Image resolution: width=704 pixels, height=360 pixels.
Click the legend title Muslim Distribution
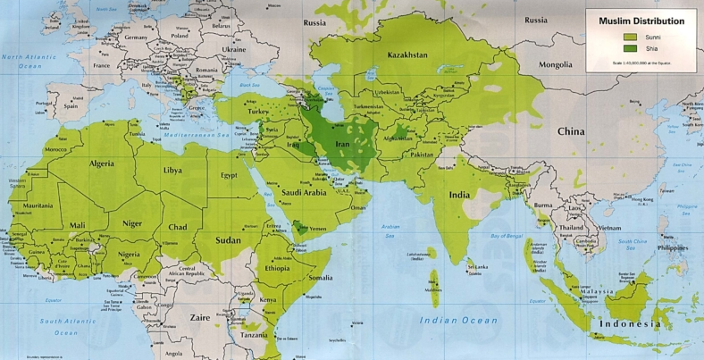tap(641, 21)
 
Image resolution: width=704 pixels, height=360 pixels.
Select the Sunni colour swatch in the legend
tap(631, 37)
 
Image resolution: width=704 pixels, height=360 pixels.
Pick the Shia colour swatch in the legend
tap(631, 48)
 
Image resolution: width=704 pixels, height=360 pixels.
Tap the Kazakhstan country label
tap(407, 55)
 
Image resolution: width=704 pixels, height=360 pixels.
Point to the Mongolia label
tap(560, 65)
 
